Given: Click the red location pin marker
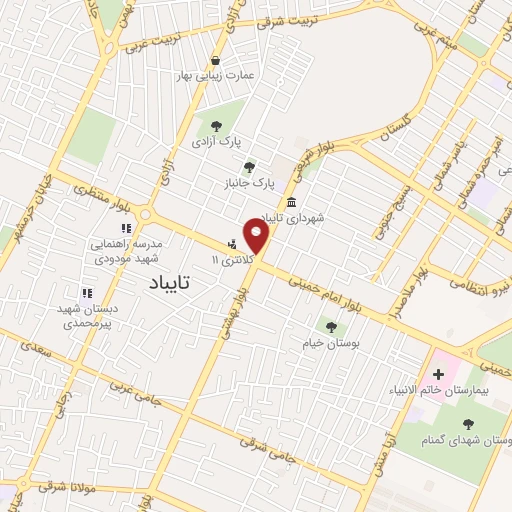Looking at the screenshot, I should click(257, 236).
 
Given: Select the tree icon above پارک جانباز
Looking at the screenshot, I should click(249, 167).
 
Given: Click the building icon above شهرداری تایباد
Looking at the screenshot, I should click(291, 201).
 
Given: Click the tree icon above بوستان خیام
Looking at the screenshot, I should click(331, 326).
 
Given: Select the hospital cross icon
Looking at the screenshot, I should click(438, 374).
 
